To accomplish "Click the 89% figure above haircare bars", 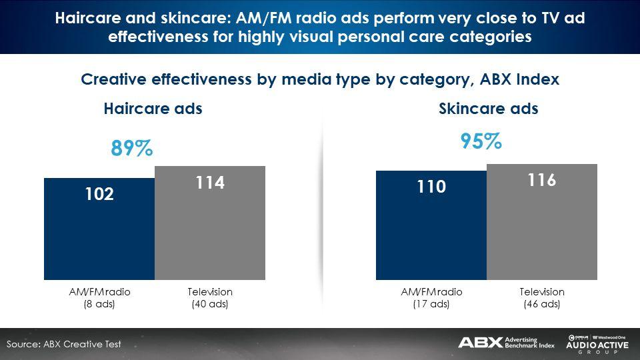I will coord(131,148).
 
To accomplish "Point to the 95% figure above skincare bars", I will coord(481,141).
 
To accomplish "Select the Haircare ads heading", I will coord(153,109).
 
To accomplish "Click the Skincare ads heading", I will coord(489,109).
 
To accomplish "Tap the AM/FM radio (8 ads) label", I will coord(100,298).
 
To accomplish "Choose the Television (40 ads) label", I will coord(210,298).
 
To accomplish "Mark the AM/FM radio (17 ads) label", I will coord(431,298).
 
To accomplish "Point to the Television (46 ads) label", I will coord(542,298).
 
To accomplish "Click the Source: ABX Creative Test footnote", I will coord(64,344).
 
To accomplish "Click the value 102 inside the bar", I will coord(99,194).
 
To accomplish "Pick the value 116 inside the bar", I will coord(542,181).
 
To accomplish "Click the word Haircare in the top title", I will coord(90,18).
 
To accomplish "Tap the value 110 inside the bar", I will coord(431,187).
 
